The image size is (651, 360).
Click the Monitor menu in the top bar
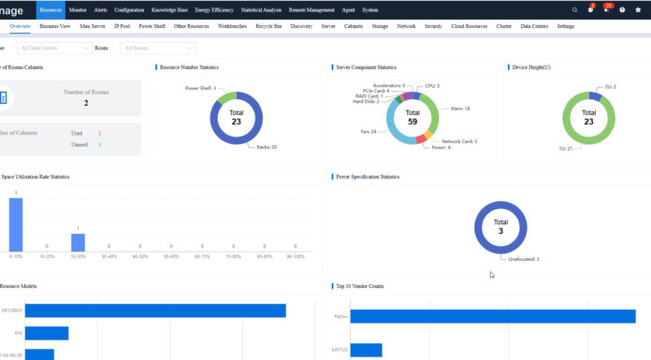click(x=78, y=9)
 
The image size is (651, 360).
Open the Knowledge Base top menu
click(x=168, y=9)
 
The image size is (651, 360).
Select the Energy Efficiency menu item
click(x=215, y=9)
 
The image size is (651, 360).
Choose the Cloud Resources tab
click(x=469, y=27)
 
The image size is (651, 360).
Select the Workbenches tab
click(x=233, y=27)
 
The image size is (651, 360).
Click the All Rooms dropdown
click(x=157, y=48)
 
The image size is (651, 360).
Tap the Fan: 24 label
click(x=369, y=132)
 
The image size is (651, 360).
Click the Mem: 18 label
click(x=460, y=108)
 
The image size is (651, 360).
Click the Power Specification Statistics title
click(x=368, y=176)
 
